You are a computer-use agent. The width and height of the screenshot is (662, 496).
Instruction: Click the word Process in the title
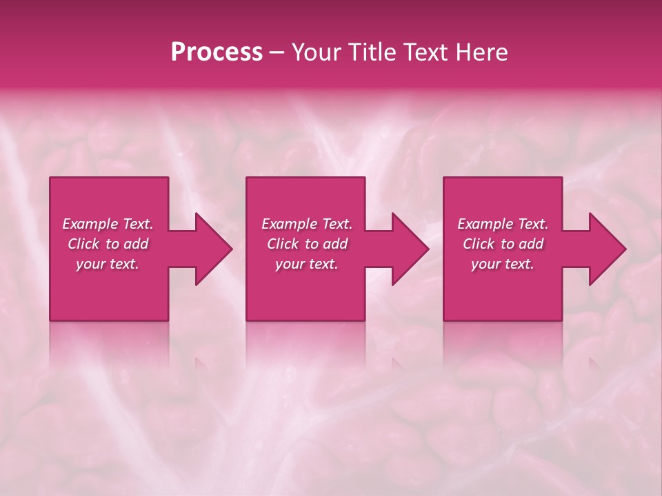pos(217,52)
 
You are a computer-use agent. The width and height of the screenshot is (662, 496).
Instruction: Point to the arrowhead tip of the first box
pos(232,249)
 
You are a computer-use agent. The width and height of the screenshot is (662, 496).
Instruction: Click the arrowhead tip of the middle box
pos(428,249)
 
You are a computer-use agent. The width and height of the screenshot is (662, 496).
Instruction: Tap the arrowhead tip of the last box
pos(625,249)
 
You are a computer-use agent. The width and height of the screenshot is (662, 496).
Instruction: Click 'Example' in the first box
pos(90,224)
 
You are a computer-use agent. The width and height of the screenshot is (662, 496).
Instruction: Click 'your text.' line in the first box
pos(108,264)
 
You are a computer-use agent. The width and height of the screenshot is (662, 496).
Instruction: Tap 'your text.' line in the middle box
pos(307,264)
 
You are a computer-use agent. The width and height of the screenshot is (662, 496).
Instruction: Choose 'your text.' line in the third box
pos(503,264)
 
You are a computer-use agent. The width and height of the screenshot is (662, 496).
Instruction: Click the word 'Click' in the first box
pos(83,244)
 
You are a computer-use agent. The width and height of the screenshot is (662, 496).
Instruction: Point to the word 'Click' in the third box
pos(479,244)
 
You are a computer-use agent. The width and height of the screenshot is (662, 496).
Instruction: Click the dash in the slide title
pos(277,52)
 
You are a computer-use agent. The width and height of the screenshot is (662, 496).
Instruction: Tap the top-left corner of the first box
pos(50,178)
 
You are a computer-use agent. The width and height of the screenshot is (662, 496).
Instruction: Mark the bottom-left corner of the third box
pos(444,320)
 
